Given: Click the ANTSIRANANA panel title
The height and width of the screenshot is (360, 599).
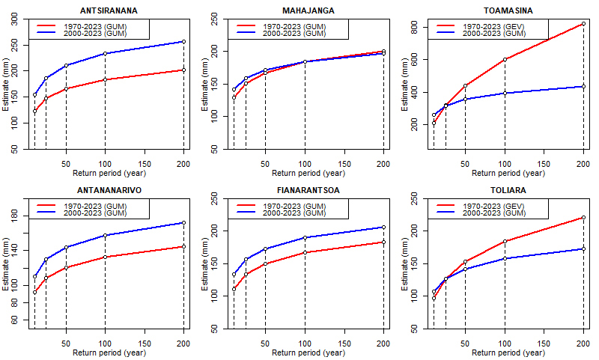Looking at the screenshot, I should coord(109,10).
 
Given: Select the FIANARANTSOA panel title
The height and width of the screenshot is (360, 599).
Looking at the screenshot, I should coord(308,190).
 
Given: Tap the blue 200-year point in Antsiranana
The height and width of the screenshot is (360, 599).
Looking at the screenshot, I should coord(183,42).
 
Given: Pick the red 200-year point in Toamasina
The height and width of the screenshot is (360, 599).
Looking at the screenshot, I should coord(583,23).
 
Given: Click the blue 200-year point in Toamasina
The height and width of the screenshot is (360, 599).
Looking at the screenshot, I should coord(583,87).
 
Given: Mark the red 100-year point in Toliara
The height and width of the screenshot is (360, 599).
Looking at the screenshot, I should coord(505,241).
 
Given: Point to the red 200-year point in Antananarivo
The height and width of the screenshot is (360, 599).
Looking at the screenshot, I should coord(183,246).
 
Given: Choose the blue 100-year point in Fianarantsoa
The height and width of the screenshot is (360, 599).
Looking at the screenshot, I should coord(305,237).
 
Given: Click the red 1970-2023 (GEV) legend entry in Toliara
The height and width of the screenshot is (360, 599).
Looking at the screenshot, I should coord(503,206).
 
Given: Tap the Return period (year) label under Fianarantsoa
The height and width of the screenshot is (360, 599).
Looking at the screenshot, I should coord(308,353).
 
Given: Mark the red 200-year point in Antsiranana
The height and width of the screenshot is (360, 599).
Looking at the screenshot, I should coord(183,70).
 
